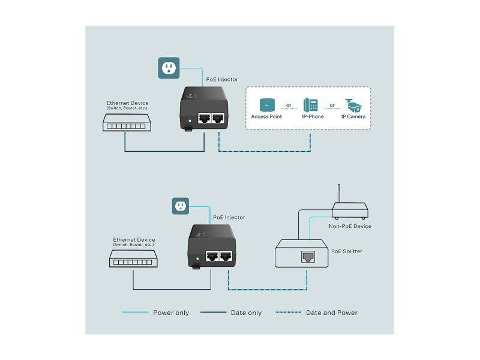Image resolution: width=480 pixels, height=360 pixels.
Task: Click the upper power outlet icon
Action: coord(169,68)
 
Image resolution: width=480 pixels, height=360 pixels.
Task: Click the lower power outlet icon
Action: coord(181,207)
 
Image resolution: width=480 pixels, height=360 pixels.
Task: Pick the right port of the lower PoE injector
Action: coord(226,254)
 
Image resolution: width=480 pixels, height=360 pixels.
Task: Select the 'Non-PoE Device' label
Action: coord(350,226)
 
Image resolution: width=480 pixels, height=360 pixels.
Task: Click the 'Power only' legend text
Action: coord(172,313)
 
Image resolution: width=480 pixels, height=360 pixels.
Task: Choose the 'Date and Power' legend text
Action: coord(332,313)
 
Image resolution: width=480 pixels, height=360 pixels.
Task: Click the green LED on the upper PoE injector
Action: coord(189,121)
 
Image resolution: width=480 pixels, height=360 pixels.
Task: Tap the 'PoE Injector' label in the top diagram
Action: coord(221,79)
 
